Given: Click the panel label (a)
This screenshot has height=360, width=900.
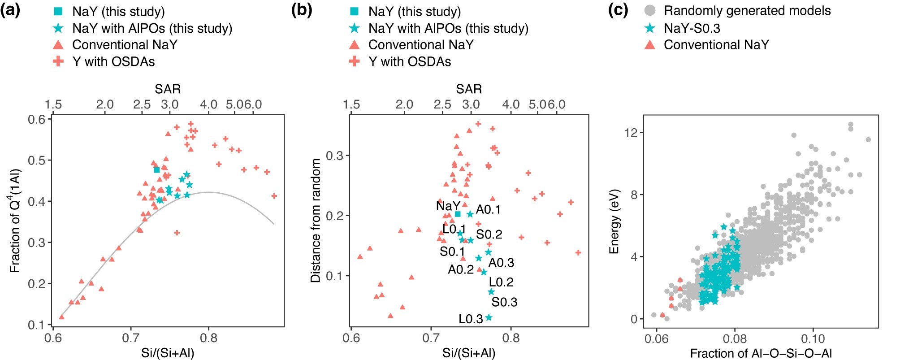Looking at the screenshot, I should coord(10,10).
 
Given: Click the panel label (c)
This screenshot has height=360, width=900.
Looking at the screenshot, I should coord(618,10).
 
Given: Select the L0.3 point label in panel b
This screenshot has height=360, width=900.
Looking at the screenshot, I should coord(471,319).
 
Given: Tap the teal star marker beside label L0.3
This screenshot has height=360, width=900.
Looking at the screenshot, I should coord(489,317).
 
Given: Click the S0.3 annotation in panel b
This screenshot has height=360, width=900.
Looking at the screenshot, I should coord(504,302).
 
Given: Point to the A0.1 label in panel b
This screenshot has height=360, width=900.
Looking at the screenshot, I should coord(488,210).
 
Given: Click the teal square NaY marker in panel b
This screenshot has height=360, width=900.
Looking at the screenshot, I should coord(458,214).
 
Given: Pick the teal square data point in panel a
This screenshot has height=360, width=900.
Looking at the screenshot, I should coord(157,169).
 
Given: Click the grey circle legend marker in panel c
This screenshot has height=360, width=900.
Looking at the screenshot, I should coord(649,10).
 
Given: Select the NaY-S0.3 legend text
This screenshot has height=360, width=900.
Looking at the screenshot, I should coord(692,28).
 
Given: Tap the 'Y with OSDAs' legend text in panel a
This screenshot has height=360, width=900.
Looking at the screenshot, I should coord(113,61).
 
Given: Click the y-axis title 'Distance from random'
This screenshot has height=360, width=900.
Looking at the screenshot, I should coord(316,220).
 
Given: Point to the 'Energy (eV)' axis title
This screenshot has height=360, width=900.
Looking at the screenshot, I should coord(614,221).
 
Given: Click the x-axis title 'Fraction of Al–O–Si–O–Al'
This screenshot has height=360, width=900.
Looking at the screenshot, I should coord(761,353).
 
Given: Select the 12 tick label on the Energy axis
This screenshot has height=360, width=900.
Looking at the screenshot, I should coord(631,133).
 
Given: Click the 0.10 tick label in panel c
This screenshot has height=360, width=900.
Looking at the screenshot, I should coord(813,338).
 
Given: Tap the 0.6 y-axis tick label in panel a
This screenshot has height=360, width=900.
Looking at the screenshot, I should coord(37,119).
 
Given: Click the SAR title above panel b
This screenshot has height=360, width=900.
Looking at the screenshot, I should coord(469,89).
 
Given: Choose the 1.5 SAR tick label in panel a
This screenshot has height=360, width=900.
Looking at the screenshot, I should coord(53,104).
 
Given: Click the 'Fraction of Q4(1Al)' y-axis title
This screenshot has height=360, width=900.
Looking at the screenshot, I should coord(15,220).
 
